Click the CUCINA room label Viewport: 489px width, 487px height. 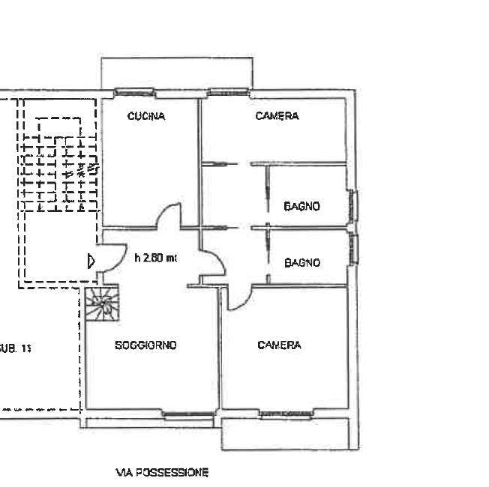(x=145, y=116)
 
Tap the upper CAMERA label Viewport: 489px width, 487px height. (x=277, y=116)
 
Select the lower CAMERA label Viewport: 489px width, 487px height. (x=279, y=345)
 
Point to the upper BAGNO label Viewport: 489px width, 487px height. (x=301, y=206)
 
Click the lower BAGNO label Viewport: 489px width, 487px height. (x=301, y=263)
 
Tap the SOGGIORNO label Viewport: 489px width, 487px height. (x=145, y=345)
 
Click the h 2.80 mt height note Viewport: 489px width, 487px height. (x=155, y=258)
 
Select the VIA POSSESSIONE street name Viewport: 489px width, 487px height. (x=162, y=473)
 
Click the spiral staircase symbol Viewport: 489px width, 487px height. (x=101, y=304)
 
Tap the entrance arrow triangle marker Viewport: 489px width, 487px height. (x=91, y=260)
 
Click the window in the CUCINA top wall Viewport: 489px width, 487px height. (x=135, y=93)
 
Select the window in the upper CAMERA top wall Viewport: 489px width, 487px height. (x=228, y=93)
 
